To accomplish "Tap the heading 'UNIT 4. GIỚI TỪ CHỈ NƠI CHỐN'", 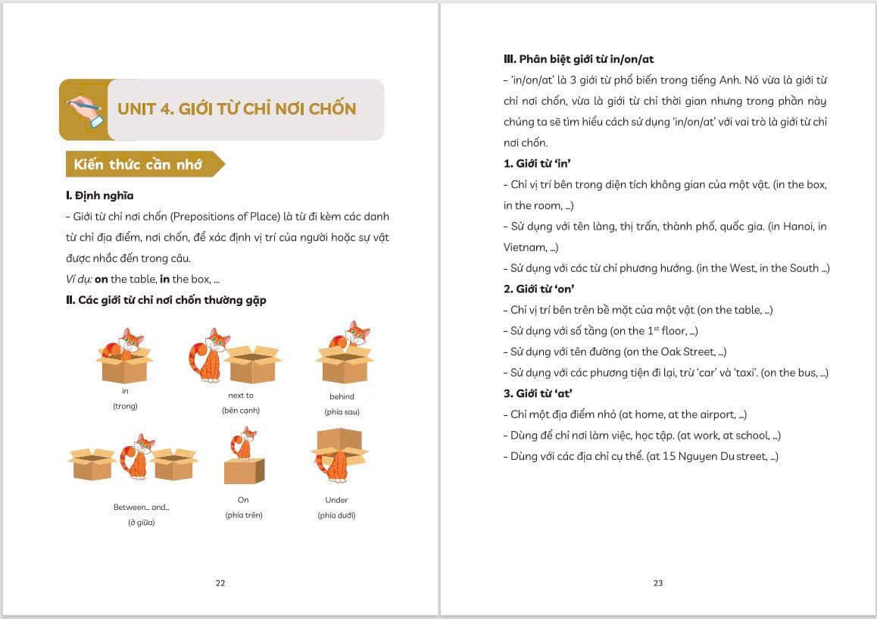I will [x=236, y=108].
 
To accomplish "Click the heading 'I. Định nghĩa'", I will [x=99, y=195].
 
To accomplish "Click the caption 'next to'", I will [x=241, y=395].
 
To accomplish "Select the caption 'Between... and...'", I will [x=141, y=507].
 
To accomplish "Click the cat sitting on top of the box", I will [x=244, y=442].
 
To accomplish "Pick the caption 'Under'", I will [x=336, y=500].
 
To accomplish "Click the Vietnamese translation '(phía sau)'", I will [x=342, y=411].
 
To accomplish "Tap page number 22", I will [x=220, y=583].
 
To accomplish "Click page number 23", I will [x=657, y=583].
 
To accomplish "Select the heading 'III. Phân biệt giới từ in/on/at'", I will [x=579, y=58].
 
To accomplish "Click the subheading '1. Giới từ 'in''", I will [x=537, y=164].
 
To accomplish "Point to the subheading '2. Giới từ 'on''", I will [x=538, y=289].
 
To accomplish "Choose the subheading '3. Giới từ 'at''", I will [x=538, y=393].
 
